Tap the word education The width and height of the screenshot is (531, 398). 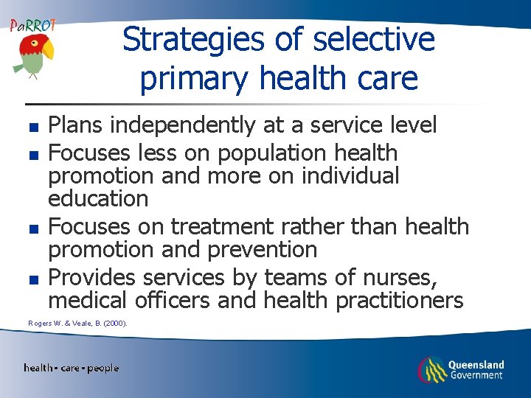point(98,199)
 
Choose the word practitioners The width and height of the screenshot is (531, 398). point(399,301)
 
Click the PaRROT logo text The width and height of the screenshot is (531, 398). point(32,26)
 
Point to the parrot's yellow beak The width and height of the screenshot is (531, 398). point(48,50)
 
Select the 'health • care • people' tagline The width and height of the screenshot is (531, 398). point(71,368)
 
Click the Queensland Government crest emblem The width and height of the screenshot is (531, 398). point(431,369)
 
